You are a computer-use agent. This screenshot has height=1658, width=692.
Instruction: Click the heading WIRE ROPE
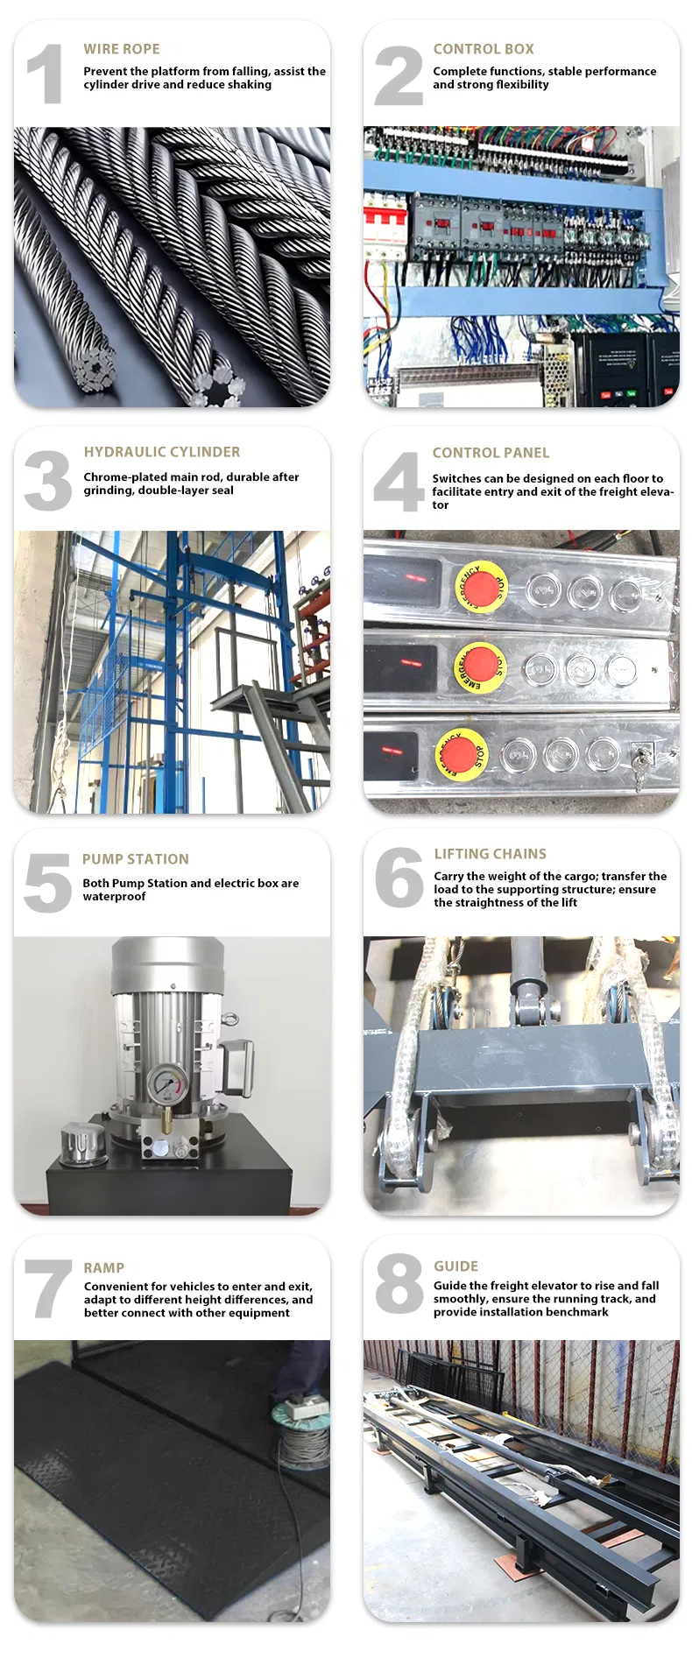coord(122,49)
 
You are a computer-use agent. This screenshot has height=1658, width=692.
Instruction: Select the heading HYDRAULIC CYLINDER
coord(161,452)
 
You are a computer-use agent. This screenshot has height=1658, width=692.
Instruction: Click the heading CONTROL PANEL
coord(491,453)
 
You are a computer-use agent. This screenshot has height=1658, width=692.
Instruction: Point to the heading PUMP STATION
coord(136,859)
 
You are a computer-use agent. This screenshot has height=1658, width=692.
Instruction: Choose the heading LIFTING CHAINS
coord(490,854)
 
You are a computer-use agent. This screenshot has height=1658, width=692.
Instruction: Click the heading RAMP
coord(103,1267)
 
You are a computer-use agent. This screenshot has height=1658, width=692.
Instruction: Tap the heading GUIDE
coord(455,1266)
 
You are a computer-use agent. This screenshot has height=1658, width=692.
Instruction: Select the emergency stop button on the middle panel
coord(479,667)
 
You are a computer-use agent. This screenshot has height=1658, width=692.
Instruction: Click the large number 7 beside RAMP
coord(48,1288)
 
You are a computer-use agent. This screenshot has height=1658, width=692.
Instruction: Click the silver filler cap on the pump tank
coord(81,1139)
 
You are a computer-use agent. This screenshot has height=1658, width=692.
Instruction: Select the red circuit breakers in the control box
coord(385,225)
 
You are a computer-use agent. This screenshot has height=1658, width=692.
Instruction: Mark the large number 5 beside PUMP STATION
coord(47,883)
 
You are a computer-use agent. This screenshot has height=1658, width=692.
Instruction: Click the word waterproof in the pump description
coord(114,897)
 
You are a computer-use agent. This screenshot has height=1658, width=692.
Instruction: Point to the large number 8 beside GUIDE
coord(399,1284)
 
